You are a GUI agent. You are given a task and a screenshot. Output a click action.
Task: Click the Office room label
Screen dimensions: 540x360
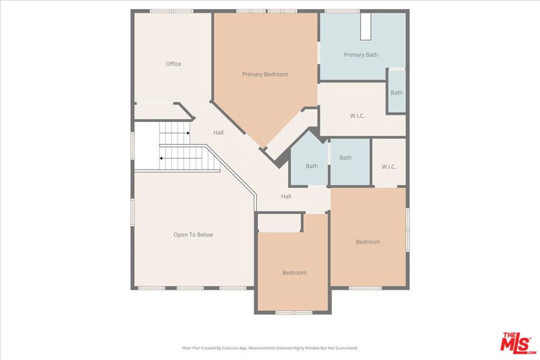pyautogui.click(x=173, y=64)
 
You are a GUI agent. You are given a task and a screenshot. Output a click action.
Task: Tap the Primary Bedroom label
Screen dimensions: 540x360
pyautogui.click(x=265, y=74)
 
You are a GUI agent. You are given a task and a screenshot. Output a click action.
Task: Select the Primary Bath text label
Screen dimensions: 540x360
pyautogui.click(x=361, y=55)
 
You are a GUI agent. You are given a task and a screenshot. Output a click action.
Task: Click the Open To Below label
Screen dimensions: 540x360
pyautogui.click(x=193, y=235)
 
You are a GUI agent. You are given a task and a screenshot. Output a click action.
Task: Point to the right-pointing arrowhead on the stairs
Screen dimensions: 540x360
pyautogui.click(x=188, y=133)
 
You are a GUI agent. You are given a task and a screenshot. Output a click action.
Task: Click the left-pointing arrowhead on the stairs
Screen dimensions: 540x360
pyautogui.click(x=161, y=158)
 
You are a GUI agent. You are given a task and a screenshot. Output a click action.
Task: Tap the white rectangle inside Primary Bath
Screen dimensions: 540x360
pyautogui.click(x=366, y=26)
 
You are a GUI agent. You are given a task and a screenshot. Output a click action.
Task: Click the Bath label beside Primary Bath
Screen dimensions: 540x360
pyautogui.click(x=397, y=93)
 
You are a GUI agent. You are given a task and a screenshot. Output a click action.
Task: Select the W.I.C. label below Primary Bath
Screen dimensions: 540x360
pyautogui.click(x=357, y=116)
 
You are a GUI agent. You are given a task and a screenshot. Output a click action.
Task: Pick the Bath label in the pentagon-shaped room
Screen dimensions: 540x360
pyautogui.click(x=312, y=166)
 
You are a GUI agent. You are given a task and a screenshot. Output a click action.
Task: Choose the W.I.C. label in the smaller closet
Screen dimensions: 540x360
pyautogui.click(x=389, y=167)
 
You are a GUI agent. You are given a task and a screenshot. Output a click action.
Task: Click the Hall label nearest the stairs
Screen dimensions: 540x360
pyautogui.click(x=218, y=132)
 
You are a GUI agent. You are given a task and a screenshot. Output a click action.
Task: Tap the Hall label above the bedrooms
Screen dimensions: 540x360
pyautogui.click(x=286, y=197)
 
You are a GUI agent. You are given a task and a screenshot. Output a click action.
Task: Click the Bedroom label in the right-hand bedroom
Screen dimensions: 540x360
pyautogui.click(x=368, y=242)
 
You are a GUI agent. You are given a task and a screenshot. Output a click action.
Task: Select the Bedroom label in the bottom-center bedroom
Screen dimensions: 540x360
pyautogui.click(x=294, y=273)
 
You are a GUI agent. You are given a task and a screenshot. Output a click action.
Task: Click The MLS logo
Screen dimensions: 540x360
pyautogui.click(x=518, y=342)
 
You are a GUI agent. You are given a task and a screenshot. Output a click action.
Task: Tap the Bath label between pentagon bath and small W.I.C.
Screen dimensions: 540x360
pyautogui.click(x=345, y=158)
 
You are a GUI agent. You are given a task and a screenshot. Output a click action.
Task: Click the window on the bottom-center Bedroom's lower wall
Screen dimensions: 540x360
pyautogui.click(x=294, y=313)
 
